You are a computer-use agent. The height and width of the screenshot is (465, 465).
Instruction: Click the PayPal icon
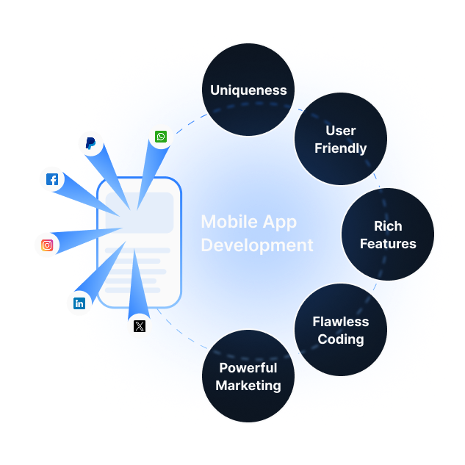(x=90, y=143)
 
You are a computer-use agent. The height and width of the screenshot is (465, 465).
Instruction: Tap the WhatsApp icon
(x=161, y=137)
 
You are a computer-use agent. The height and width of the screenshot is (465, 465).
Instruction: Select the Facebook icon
(x=52, y=179)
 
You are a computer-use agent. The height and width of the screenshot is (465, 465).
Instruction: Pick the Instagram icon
(x=47, y=245)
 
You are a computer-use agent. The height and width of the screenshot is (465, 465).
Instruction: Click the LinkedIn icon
(x=79, y=303)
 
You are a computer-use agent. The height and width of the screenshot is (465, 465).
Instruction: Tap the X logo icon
(x=140, y=325)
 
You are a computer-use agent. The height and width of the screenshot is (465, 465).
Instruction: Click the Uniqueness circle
(x=248, y=90)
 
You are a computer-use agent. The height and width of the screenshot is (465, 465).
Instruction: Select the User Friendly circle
(x=340, y=139)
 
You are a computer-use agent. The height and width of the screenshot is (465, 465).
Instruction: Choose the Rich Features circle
(x=388, y=234)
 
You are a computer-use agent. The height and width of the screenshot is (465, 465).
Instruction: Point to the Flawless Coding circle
(x=340, y=330)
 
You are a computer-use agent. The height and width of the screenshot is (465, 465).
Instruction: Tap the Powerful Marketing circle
(x=248, y=376)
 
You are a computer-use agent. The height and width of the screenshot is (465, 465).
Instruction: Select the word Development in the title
(x=257, y=245)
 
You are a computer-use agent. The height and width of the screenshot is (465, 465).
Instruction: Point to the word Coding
(x=341, y=339)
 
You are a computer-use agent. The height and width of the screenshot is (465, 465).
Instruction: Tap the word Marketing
(x=248, y=386)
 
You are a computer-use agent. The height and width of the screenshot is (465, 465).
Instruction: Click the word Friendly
(x=341, y=148)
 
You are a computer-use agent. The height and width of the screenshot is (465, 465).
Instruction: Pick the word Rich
(x=388, y=226)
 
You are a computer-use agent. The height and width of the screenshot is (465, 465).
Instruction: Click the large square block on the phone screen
(x=140, y=213)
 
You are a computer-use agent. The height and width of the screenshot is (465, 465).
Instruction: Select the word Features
(x=388, y=244)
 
